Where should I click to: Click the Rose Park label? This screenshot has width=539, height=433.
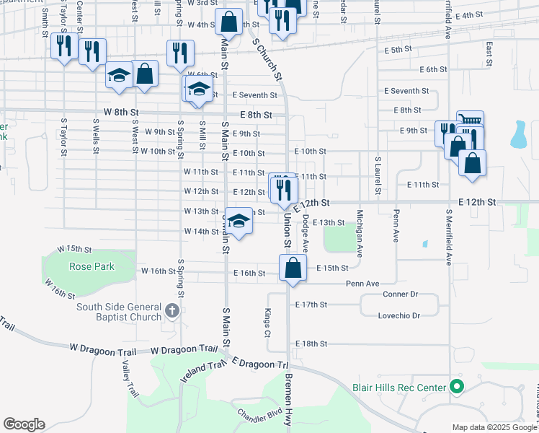pos(92,266)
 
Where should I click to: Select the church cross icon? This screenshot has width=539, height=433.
pos(171,311)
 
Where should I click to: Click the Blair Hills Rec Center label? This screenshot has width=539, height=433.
pos(399,388)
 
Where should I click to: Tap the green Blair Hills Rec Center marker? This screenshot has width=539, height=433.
pos(456,388)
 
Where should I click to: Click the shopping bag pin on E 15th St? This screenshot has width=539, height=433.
pos(293,268)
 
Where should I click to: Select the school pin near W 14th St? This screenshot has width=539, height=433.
pos(240,222)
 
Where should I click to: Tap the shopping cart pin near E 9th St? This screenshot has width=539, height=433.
pos(469,122)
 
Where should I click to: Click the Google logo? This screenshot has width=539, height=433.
pos(24,424)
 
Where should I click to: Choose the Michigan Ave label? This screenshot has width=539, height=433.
pos(359,232)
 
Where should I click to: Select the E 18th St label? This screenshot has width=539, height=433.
pos(311,344)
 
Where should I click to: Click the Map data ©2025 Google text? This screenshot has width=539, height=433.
pos(494,427)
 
